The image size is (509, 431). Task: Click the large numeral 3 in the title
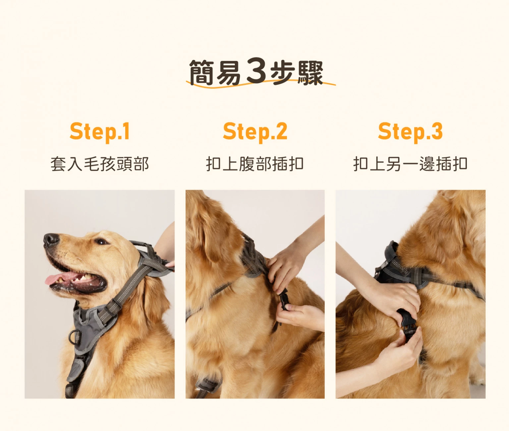[x=256, y=71]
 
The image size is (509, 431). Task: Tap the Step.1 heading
[x=100, y=132]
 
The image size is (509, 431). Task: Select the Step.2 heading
[x=255, y=132]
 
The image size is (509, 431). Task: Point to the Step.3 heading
[x=410, y=132]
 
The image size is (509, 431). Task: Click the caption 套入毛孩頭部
[x=100, y=164]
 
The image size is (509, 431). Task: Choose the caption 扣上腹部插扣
[x=255, y=164]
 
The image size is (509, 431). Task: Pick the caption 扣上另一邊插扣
[x=410, y=164]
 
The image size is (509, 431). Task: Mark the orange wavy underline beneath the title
[x=261, y=85]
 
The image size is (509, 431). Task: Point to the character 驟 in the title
[x=310, y=73]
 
